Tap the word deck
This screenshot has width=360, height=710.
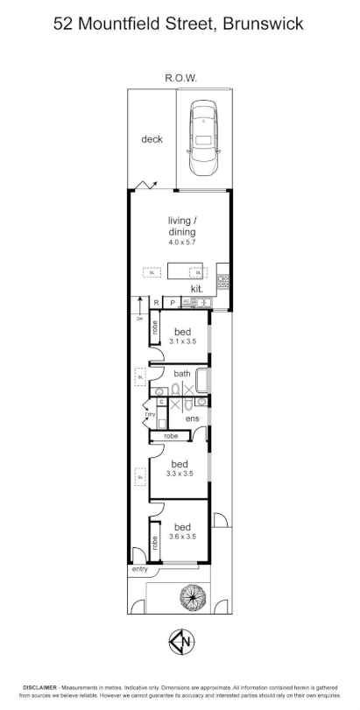point(152,139)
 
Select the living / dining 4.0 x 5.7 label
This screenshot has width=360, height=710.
point(182,232)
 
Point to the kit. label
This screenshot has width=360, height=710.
point(198,288)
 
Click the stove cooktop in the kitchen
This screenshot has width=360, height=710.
point(223,282)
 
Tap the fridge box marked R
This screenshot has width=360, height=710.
point(156,303)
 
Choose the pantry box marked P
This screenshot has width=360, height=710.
point(173,303)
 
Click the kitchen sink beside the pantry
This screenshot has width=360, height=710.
point(201,303)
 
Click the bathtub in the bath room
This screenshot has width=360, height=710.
point(202,380)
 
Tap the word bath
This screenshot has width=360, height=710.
point(182,373)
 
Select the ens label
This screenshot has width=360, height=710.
point(193,419)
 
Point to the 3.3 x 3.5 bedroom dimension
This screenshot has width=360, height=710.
point(180,474)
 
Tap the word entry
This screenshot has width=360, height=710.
point(140,569)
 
